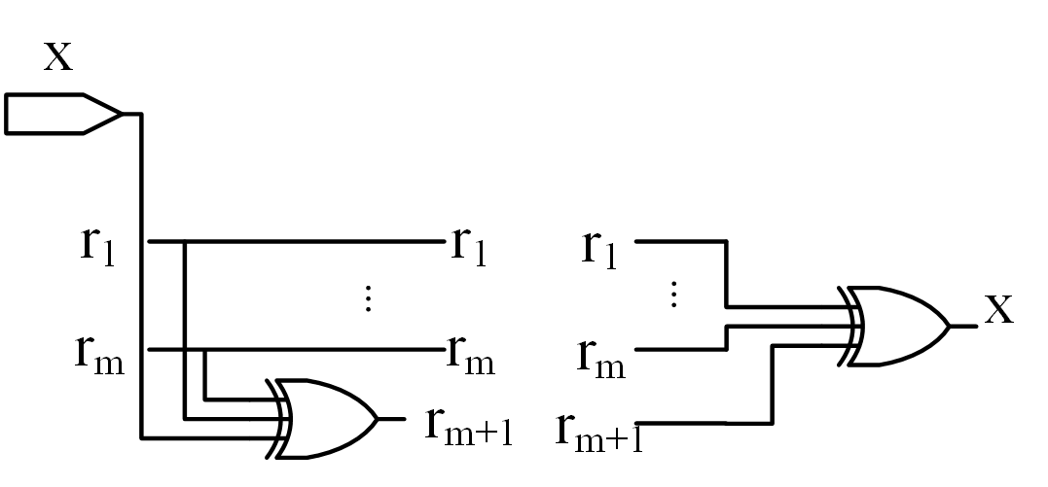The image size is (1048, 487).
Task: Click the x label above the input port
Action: pyautogui.click(x=58, y=55)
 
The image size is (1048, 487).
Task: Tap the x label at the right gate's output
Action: pyautogui.click(x=999, y=310)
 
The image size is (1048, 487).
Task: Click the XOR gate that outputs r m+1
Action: pyautogui.click(x=325, y=418)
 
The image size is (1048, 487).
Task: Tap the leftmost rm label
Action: pyautogui.click(x=100, y=351)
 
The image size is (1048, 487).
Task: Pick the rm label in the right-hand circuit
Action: pyautogui.click(x=600, y=355)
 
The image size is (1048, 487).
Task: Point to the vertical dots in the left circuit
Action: pyautogui.click(x=368, y=297)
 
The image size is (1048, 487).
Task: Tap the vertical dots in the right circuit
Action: pyautogui.click(x=672, y=294)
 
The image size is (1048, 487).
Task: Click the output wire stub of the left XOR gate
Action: pyautogui.click(x=391, y=419)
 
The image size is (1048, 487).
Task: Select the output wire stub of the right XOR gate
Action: pyautogui.click(x=963, y=327)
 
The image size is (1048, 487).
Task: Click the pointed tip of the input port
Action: pyautogui.click(x=121, y=114)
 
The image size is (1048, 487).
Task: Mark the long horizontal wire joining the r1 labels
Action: pyautogui.click(x=311, y=241)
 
